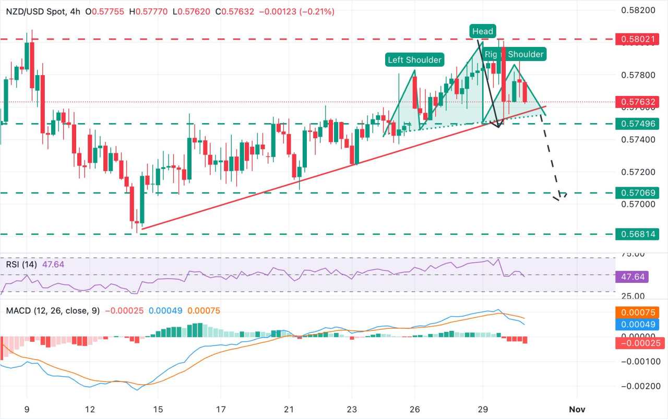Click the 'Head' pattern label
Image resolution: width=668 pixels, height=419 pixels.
(482, 31)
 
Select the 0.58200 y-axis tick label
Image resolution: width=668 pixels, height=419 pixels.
(639, 10)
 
